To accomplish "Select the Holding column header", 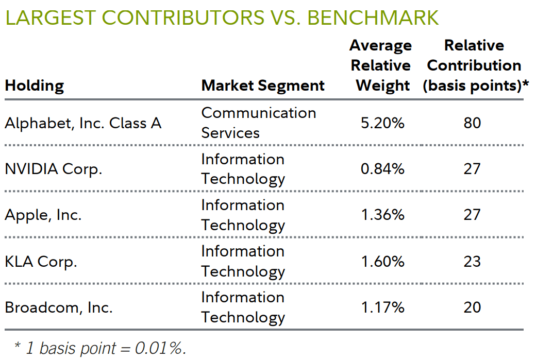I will [x=34, y=85].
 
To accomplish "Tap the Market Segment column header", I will [x=263, y=85].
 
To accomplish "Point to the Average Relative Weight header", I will [x=382, y=65].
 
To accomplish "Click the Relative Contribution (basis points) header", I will [x=475, y=65].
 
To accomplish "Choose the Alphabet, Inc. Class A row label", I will [x=83, y=123].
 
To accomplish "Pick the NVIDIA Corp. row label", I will [x=54, y=169].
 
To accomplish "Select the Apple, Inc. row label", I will [x=43, y=215].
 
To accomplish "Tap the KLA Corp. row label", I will [x=41, y=261].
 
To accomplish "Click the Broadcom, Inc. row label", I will [x=59, y=307].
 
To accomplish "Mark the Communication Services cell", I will [x=258, y=123].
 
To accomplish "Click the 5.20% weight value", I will [x=382, y=123].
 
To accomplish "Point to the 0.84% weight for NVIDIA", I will [x=382, y=169].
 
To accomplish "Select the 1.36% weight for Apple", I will [x=382, y=215].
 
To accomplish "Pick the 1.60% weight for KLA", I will [x=382, y=261].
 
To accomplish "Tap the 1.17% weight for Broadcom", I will [x=382, y=307].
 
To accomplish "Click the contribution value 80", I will [x=472, y=123].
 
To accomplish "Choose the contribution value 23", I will [x=472, y=261].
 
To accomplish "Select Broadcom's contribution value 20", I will [x=472, y=307].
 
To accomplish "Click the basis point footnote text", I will [x=100, y=348].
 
